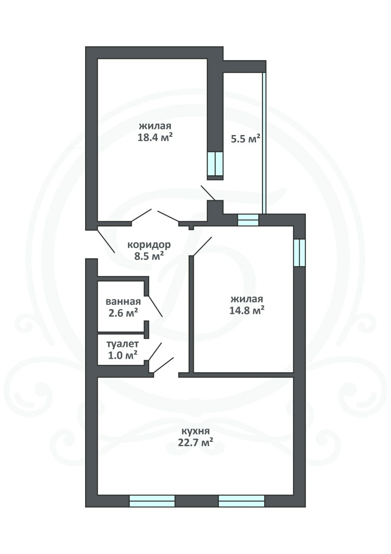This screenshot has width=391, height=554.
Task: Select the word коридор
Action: (149, 245)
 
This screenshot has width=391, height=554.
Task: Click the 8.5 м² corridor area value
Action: (149, 256)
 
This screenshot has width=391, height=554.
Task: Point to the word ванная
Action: (123, 302)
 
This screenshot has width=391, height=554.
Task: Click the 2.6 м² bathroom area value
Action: (123, 313)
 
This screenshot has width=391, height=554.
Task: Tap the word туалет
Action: (122, 344)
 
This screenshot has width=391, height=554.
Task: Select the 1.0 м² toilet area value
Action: (122, 355)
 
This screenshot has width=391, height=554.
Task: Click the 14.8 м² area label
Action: (247, 310)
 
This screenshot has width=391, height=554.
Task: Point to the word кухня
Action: (195, 431)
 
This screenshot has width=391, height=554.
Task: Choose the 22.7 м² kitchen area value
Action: (195, 442)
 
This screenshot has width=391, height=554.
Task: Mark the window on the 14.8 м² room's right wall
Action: (300, 252)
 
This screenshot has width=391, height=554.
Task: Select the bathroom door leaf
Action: (155, 306)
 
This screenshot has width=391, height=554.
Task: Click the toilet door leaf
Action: (155, 352)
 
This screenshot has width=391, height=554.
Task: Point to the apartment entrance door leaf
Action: (106, 242)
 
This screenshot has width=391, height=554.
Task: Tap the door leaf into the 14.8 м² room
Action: (202, 246)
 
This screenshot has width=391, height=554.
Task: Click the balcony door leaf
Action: (208, 193)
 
